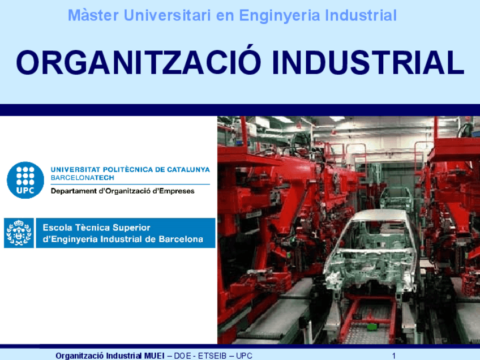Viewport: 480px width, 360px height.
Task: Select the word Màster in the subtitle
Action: click(x=87, y=16)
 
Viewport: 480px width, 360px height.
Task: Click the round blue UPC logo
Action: click(x=25, y=180)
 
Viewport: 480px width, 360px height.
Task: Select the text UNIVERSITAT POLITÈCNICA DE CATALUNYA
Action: click(x=130, y=169)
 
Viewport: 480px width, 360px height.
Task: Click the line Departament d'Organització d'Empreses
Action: click(x=122, y=191)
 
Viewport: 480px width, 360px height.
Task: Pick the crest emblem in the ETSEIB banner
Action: click(x=19, y=233)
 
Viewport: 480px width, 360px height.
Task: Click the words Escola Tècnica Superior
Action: click(x=97, y=228)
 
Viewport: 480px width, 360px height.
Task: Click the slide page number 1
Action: click(x=393, y=355)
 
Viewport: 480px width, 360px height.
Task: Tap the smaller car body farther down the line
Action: click(x=396, y=198)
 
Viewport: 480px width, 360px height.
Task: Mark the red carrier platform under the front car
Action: click(x=371, y=317)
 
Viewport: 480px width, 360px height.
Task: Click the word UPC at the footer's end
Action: click(x=245, y=355)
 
